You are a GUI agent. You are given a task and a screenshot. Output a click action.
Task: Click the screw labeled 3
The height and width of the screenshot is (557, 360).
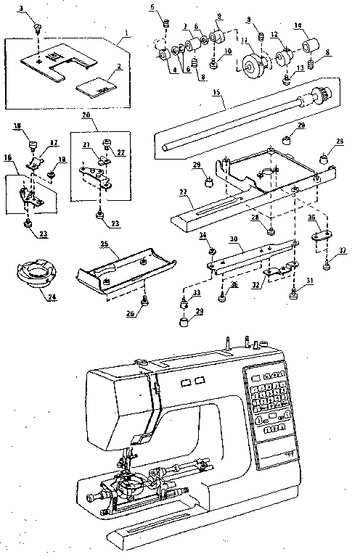tap(36, 28)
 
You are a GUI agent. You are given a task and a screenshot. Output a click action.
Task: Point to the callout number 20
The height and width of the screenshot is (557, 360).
tap(86, 115)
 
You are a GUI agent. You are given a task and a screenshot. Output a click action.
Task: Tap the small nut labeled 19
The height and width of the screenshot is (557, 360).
tap(52, 174)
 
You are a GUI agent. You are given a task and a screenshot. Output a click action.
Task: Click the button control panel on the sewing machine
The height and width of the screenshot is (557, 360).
tap(267, 403)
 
